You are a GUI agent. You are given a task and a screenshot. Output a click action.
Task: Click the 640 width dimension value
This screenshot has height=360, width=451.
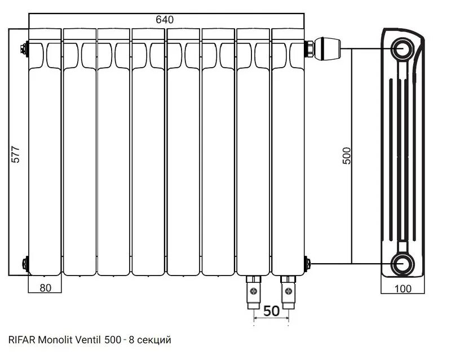(x=165, y=19)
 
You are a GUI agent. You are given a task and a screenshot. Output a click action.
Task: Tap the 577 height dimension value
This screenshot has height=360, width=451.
(x=16, y=156)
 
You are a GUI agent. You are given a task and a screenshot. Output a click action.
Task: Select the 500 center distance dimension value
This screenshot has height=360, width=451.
(x=346, y=156)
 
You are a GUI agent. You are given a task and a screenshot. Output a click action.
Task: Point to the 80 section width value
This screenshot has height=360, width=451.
(x=46, y=288)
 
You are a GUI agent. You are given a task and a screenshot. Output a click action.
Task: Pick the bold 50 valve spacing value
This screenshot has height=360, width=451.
(x=271, y=310)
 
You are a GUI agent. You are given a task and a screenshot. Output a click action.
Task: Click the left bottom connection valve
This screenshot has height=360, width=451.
(x=253, y=290)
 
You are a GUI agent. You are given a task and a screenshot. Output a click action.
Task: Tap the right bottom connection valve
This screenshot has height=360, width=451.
(x=288, y=290)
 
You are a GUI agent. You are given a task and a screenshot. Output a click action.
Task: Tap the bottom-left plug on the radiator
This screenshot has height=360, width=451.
(x=24, y=263)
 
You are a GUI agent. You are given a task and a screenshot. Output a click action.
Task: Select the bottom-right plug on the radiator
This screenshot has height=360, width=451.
(x=307, y=263)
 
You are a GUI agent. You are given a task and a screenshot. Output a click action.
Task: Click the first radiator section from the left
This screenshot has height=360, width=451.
(x=46, y=158)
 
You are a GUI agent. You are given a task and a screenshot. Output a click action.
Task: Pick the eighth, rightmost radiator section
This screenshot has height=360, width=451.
(x=289, y=158)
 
